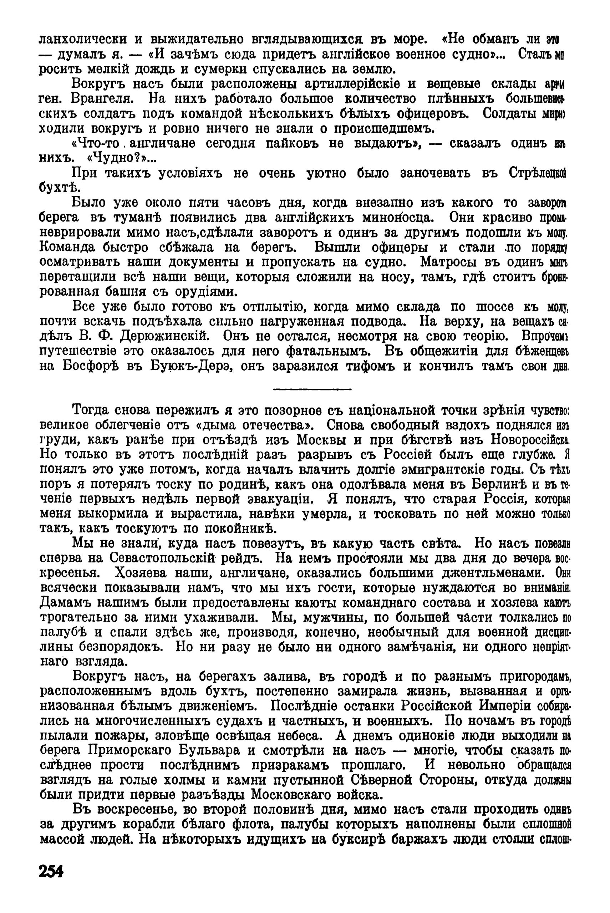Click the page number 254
(51, 871)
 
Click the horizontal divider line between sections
(312, 388)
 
